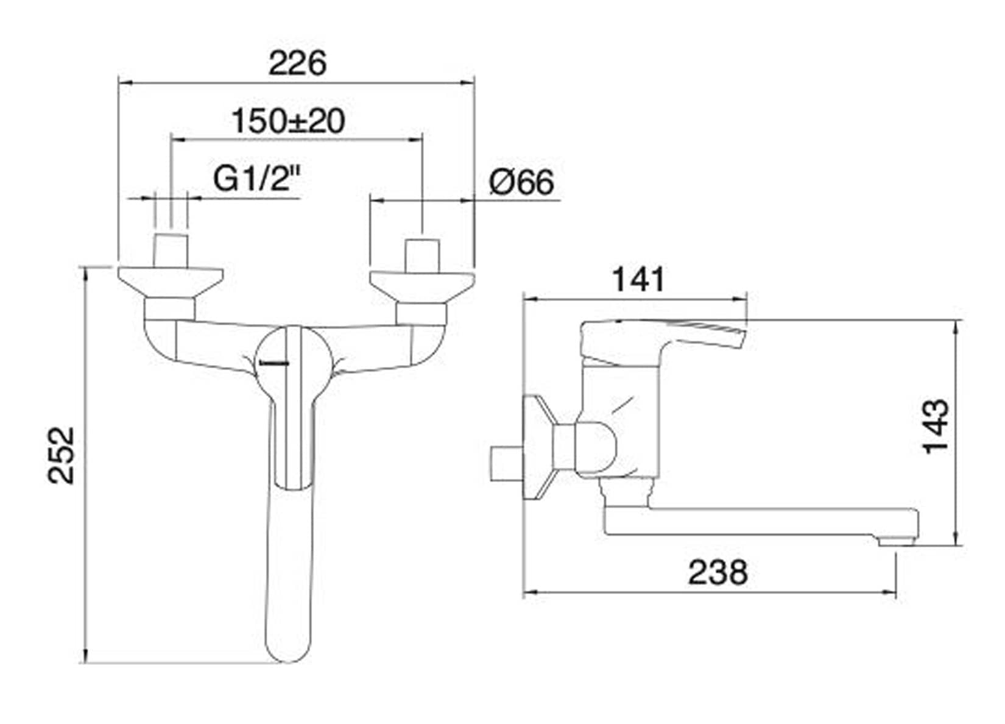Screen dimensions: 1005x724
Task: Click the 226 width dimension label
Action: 297,64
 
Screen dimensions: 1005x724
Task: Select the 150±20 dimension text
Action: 289,121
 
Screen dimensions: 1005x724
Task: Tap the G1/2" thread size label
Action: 256,179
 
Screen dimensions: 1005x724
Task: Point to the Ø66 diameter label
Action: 521,183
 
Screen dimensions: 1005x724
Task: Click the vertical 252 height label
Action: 62,455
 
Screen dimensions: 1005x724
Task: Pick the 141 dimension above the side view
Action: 638,279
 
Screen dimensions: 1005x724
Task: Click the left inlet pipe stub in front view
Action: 171,250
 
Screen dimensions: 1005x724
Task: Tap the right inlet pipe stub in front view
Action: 422,255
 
